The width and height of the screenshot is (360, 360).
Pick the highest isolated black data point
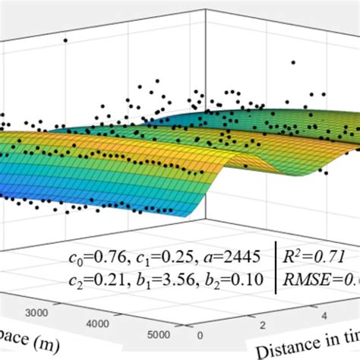pyautogui.click(x=65, y=40)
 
